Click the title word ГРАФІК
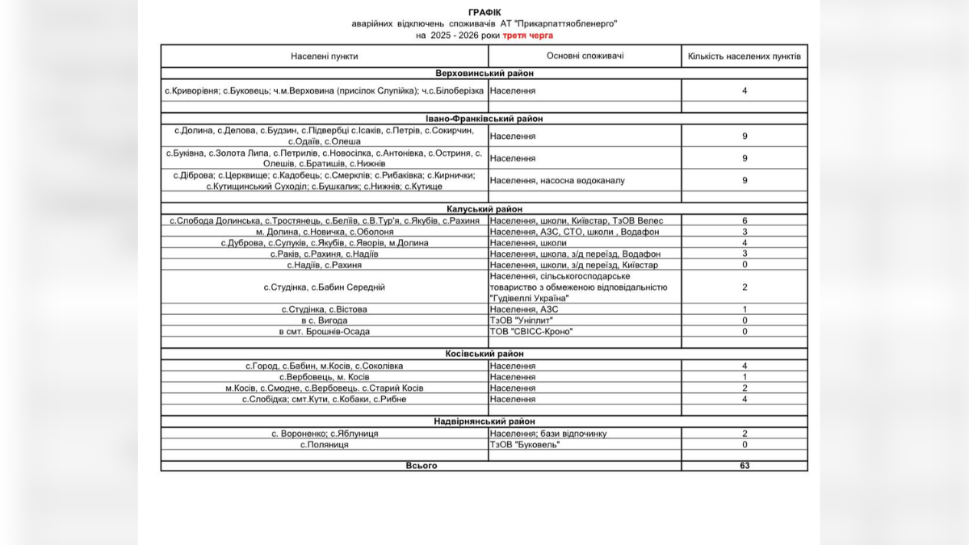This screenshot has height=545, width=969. pyautogui.click(x=484, y=13)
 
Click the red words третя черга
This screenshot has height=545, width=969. pyautogui.click(x=528, y=36)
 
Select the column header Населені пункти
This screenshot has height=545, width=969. pyautogui.click(x=325, y=57)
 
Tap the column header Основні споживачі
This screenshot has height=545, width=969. pyautogui.click(x=585, y=56)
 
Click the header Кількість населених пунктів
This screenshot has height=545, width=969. pyautogui.click(x=744, y=57)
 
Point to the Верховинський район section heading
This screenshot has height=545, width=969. pyautogui.click(x=484, y=73)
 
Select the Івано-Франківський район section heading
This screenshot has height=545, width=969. pyautogui.click(x=484, y=119)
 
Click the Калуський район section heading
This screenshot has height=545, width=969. pyautogui.click(x=484, y=208)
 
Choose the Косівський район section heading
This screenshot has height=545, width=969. pyautogui.click(x=484, y=354)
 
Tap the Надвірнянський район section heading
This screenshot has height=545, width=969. pyautogui.click(x=484, y=421)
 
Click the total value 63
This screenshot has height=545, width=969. pyautogui.click(x=744, y=466)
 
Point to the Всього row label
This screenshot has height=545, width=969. pyautogui.click(x=421, y=466)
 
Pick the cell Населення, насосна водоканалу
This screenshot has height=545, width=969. pyautogui.click(x=557, y=180)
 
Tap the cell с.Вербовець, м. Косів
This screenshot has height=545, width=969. pyautogui.click(x=325, y=377)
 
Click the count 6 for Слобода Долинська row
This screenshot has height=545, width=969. pyautogui.click(x=744, y=220)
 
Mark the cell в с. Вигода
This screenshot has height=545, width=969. pyautogui.click(x=325, y=320)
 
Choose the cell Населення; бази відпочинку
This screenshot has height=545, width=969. pyautogui.click(x=548, y=434)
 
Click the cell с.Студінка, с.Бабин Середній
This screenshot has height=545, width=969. pyautogui.click(x=325, y=287)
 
